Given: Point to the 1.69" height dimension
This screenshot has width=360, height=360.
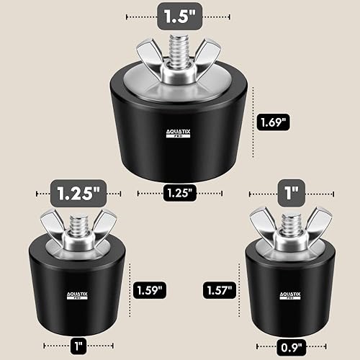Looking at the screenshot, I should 274,122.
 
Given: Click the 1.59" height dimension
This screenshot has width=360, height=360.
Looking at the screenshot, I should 149,290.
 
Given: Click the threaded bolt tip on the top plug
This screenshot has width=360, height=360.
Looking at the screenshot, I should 176,42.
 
